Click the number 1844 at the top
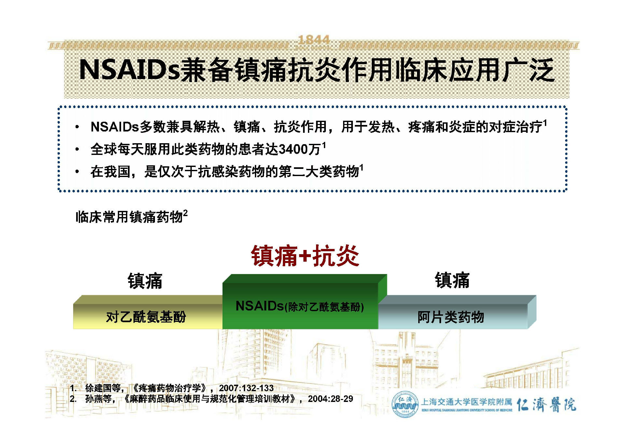pyautogui.click(x=314, y=40)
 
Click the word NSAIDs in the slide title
pyautogui.click(x=129, y=70)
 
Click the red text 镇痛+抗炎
pyautogui.click(x=305, y=256)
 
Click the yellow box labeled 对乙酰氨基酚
pyautogui.click(x=146, y=317)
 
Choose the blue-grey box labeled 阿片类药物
pyautogui.click(x=451, y=317)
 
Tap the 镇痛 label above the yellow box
pyautogui.click(x=145, y=281)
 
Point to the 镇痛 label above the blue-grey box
pyautogui.click(x=452, y=280)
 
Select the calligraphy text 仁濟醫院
pyautogui.click(x=546, y=405)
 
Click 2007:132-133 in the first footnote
pyautogui.click(x=246, y=388)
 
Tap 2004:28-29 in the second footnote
pyautogui.click(x=330, y=399)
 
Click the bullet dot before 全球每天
pyautogui.click(x=77, y=150)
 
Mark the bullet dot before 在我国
pyautogui.click(x=77, y=172)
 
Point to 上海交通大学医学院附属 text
pyautogui.click(x=466, y=402)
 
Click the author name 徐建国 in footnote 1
pyautogui.click(x=98, y=388)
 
